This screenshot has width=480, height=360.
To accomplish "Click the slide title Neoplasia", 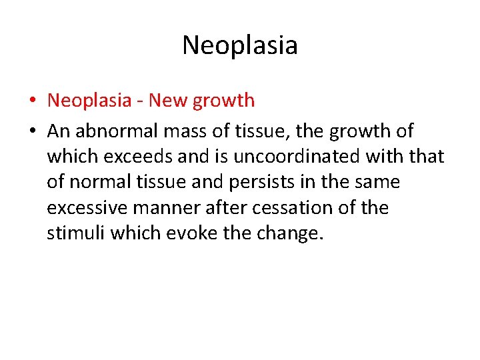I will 239,45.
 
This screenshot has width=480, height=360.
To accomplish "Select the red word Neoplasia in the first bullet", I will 90,101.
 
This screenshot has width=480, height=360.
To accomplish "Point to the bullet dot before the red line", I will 31,101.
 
